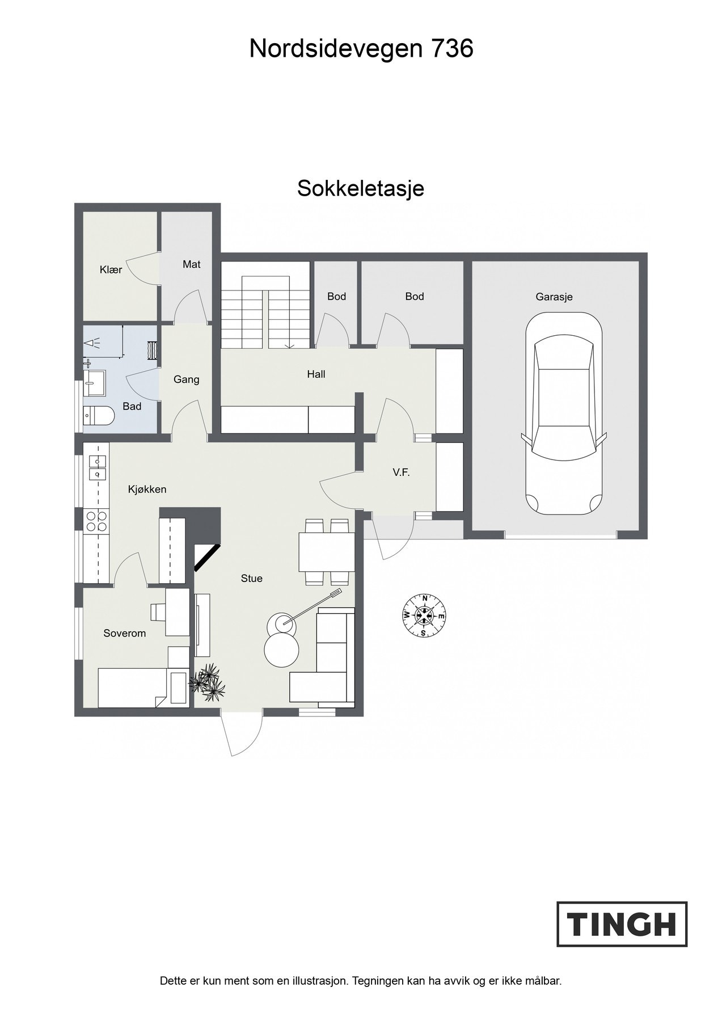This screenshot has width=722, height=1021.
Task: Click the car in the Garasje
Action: [563, 414]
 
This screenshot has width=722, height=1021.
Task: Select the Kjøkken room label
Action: [147, 489]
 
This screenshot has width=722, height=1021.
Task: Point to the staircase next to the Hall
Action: [265, 313]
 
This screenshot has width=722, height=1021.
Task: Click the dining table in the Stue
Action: [327, 551]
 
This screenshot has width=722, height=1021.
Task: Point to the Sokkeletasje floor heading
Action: [361, 188]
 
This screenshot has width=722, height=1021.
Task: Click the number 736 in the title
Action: [453, 49]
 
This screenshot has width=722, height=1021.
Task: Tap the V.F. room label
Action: [401, 472]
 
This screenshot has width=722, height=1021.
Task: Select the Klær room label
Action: [111, 270]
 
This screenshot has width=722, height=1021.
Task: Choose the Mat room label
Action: [192, 264]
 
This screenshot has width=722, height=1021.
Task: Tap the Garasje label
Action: [554, 297]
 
